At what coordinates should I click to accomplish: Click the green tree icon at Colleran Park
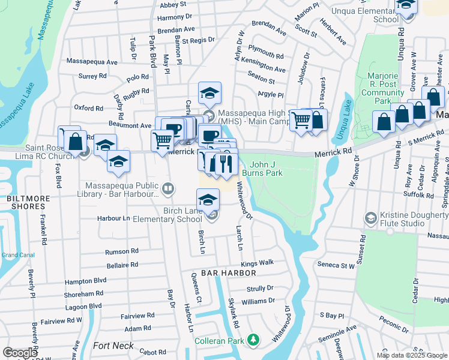255,340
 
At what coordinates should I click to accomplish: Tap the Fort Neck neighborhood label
113,346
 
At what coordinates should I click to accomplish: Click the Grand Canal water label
18,255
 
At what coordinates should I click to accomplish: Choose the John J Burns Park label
266,169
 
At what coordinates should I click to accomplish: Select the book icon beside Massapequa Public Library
169,190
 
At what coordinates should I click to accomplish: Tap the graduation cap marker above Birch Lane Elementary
208,199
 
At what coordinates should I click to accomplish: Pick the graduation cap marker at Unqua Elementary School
406,5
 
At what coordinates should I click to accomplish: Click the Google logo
20,353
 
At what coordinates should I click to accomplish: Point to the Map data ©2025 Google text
411,355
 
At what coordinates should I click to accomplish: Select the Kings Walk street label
257,263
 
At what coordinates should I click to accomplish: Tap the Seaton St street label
262,81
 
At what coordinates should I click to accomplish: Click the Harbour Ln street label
114,218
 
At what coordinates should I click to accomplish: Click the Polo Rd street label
137,77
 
